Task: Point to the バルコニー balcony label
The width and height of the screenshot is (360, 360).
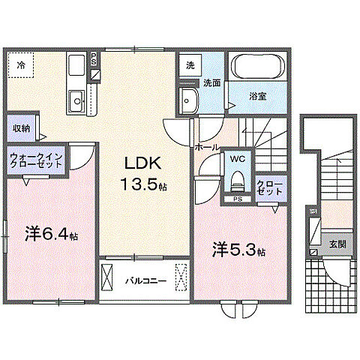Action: tap(140, 281)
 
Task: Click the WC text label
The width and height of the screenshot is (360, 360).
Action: tap(238, 160)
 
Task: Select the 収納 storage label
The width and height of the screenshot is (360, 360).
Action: tap(21, 128)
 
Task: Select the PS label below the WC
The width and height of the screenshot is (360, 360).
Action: tap(237, 199)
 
